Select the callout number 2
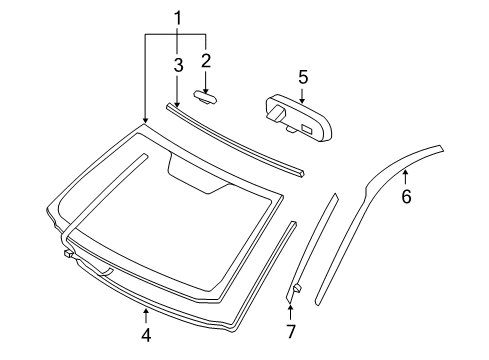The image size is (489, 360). pyautogui.click(x=206, y=61)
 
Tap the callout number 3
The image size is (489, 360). pyautogui.click(x=177, y=65)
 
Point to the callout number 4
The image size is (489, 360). pyautogui.click(x=146, y=335)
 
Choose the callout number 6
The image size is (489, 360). pyautogui.click(x=406, y=197)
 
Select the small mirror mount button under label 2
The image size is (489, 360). pyautogui.click(x=206, y=98)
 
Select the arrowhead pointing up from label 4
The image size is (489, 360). pyautogui.click(x=146, y=314)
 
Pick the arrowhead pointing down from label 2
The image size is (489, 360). pyautogui.click(x=206, y=89)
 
